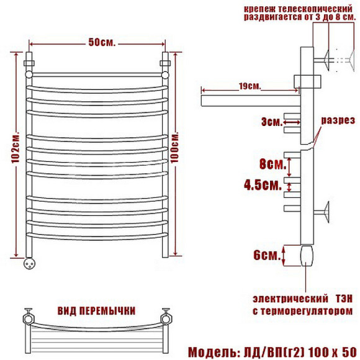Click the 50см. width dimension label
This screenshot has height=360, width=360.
pos(102,42)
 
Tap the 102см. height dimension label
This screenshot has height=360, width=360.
pos(16,147)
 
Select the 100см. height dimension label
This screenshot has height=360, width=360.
pos(175,147)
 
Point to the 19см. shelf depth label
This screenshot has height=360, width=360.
pos(250,86)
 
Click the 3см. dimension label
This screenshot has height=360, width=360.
pos(272,122)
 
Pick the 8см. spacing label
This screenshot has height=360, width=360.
pos(272,164)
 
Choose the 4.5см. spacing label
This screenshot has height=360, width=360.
pos(263,185)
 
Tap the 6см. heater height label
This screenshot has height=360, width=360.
pos(267,255)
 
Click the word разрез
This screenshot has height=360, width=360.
pos(338,120)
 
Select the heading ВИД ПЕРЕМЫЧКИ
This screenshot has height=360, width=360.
pos(96,311)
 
